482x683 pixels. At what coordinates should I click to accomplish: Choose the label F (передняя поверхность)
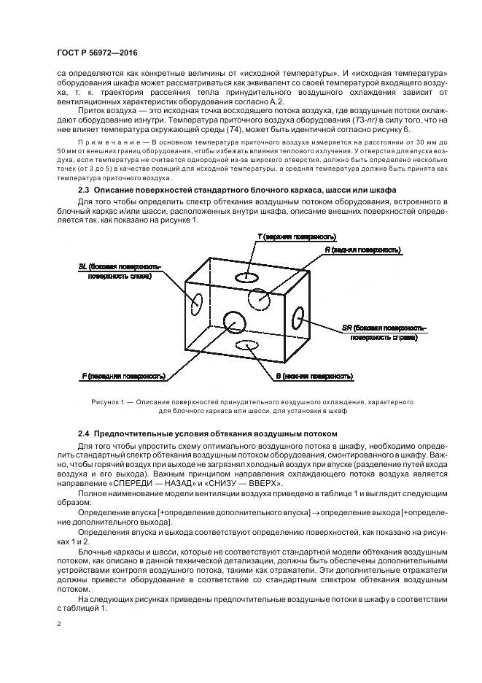[123, 377]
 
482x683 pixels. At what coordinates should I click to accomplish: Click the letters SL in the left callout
[82, 268]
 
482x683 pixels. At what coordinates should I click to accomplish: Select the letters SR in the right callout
[347, 328]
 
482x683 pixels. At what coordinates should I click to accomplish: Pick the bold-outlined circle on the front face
[234, 320]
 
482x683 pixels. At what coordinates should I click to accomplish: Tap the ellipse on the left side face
[197, 302]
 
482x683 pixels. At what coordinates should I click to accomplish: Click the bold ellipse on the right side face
[298, 317]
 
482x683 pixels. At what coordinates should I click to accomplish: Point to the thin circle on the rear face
[259, 298]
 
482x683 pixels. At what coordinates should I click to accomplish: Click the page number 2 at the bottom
[59, 625]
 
